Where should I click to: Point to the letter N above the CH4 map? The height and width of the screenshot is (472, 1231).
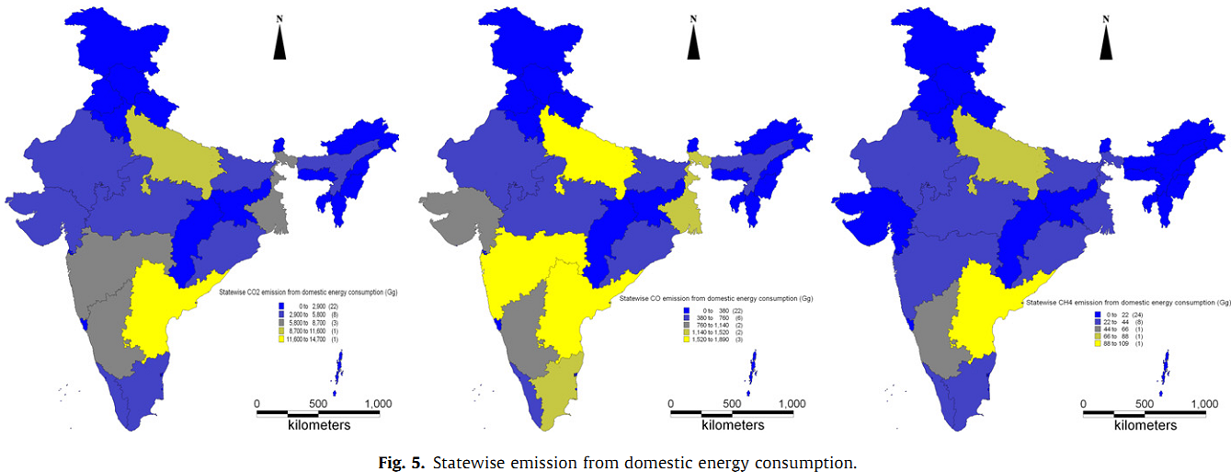pos(1105,17)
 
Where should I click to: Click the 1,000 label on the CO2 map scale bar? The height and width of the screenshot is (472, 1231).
pos(379,403)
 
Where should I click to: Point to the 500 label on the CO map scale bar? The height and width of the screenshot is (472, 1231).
pos(732,403)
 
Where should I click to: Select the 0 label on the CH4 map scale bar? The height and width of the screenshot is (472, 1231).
pos(1083,403)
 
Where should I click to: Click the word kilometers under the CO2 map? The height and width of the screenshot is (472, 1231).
pos(319,425)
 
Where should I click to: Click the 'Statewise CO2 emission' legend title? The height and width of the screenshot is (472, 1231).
pos(313,292)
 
